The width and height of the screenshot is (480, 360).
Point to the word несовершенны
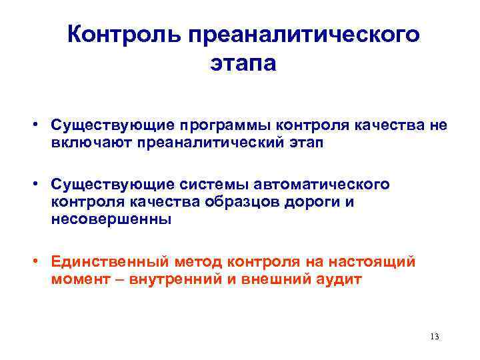click(x=112, y=219)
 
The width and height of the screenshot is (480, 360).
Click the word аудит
click(x=341, y=279)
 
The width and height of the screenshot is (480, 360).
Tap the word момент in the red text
click(x=77, y=279)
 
